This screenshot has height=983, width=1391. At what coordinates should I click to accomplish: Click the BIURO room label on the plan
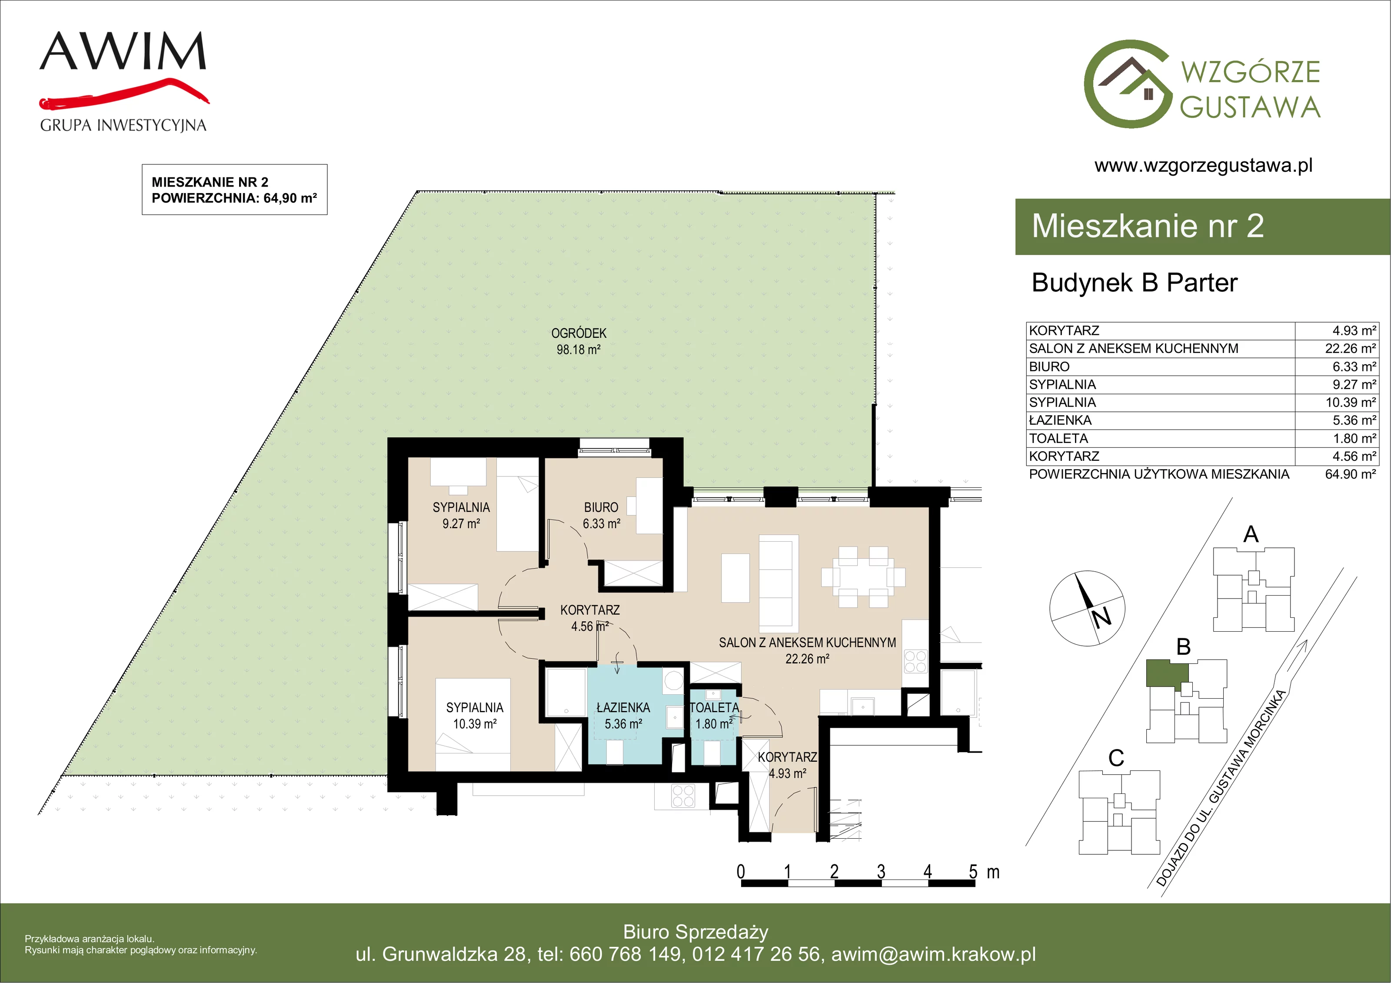tap(601, 507)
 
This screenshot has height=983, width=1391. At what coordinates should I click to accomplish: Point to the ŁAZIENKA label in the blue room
tap(623, 707)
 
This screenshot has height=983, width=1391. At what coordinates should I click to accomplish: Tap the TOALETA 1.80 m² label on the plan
tap(714, 715)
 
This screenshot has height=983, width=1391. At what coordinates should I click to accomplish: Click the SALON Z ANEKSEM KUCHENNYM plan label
tap(807, 643)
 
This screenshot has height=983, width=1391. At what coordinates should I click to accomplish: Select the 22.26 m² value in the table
tap(1351, 349)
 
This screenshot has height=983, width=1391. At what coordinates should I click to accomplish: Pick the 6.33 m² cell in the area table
tap(1354, 367)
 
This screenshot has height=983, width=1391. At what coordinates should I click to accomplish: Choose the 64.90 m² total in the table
tap(1351, 474)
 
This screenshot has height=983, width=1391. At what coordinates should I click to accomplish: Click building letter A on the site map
tap(1251, 534)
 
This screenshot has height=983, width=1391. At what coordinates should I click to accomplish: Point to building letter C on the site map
tap(1116, 757)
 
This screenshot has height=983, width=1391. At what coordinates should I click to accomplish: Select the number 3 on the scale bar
tap(881, 872)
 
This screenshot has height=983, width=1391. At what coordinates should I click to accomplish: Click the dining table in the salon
tap(863, 576)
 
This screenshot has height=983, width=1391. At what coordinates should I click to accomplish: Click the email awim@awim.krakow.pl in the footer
tap(934, 954)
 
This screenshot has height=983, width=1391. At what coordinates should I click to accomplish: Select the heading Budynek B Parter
tap(1134, 283)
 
